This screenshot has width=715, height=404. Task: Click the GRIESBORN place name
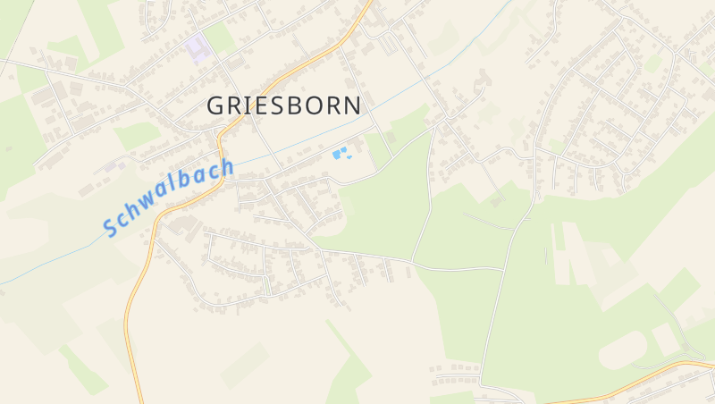(x=284, y=105)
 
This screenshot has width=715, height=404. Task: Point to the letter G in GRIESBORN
(x=216, y=105)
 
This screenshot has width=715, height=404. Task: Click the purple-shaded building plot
(x=198, y=46)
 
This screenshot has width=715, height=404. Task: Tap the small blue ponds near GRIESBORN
(x=341, y=153)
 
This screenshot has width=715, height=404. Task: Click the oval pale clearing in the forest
(x=622, y=349)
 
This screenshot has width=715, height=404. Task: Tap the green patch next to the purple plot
(x=220, y=38)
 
